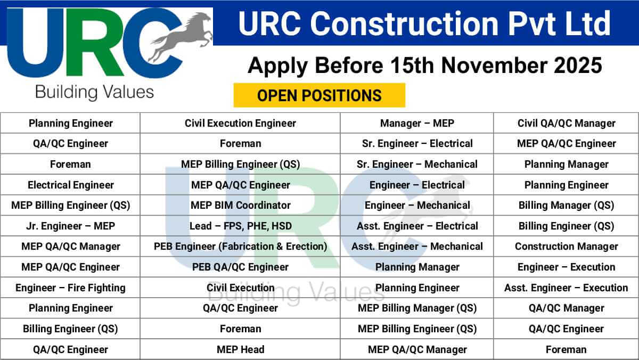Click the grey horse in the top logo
point(181,36)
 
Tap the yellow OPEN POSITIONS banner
point(319,95)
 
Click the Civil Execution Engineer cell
point(240,123)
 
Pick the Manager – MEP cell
point(417,123)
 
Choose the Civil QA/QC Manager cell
point(566,123)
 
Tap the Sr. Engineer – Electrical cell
point(417,144)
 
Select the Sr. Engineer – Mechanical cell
point(417,164)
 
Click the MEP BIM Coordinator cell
point(240,206)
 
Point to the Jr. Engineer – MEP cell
point(70,226)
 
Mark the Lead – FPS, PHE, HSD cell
point(240,226)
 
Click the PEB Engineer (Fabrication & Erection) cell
point(240,247)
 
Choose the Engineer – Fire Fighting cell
point(70,288)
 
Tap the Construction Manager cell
point(566,247)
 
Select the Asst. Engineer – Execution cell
point(566,288)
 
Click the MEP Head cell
point(240,349)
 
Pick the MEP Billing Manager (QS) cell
point(417,308)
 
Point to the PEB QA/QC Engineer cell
point(240,267)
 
